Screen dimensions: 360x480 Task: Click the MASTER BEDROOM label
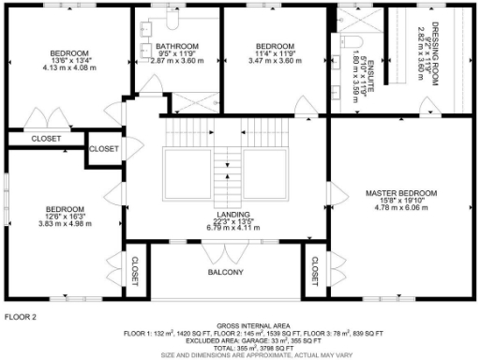[400, 193]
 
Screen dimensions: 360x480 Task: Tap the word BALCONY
[225, 273]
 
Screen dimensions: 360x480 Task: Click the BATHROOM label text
[177, 47]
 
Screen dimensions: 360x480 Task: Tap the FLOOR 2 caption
[21, 318]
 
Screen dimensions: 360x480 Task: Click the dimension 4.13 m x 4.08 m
[69, 67]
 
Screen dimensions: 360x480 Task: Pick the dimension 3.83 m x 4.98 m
[67, 224]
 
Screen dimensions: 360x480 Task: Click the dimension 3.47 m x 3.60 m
[276, 60]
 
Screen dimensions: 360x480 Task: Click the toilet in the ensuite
[348, 41]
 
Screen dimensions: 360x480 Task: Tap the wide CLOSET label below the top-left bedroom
[45, 139]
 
